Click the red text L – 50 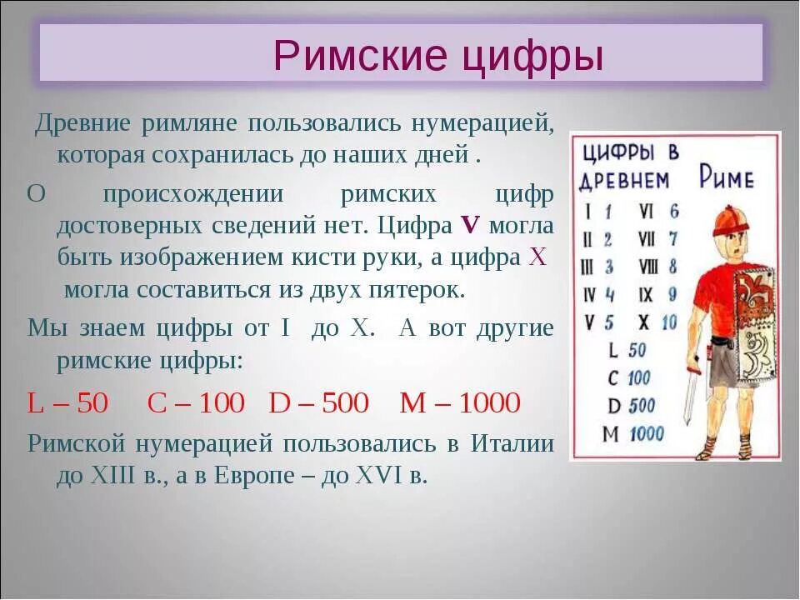pyautogui.click(x=68, y=403)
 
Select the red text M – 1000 pyautogui.click(x=460, y=403)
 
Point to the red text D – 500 pyautogui.click(x=318, y=403)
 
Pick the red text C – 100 pyautogui.click(x=196, y=403)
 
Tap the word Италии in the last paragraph pyautogui.click(x=512, y=443)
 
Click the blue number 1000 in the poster pyautogui.click(x=646, y=433)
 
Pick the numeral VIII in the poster pyautogui.click(x=647, y=267)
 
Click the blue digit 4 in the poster pyautogui.click(x=609, y=295)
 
